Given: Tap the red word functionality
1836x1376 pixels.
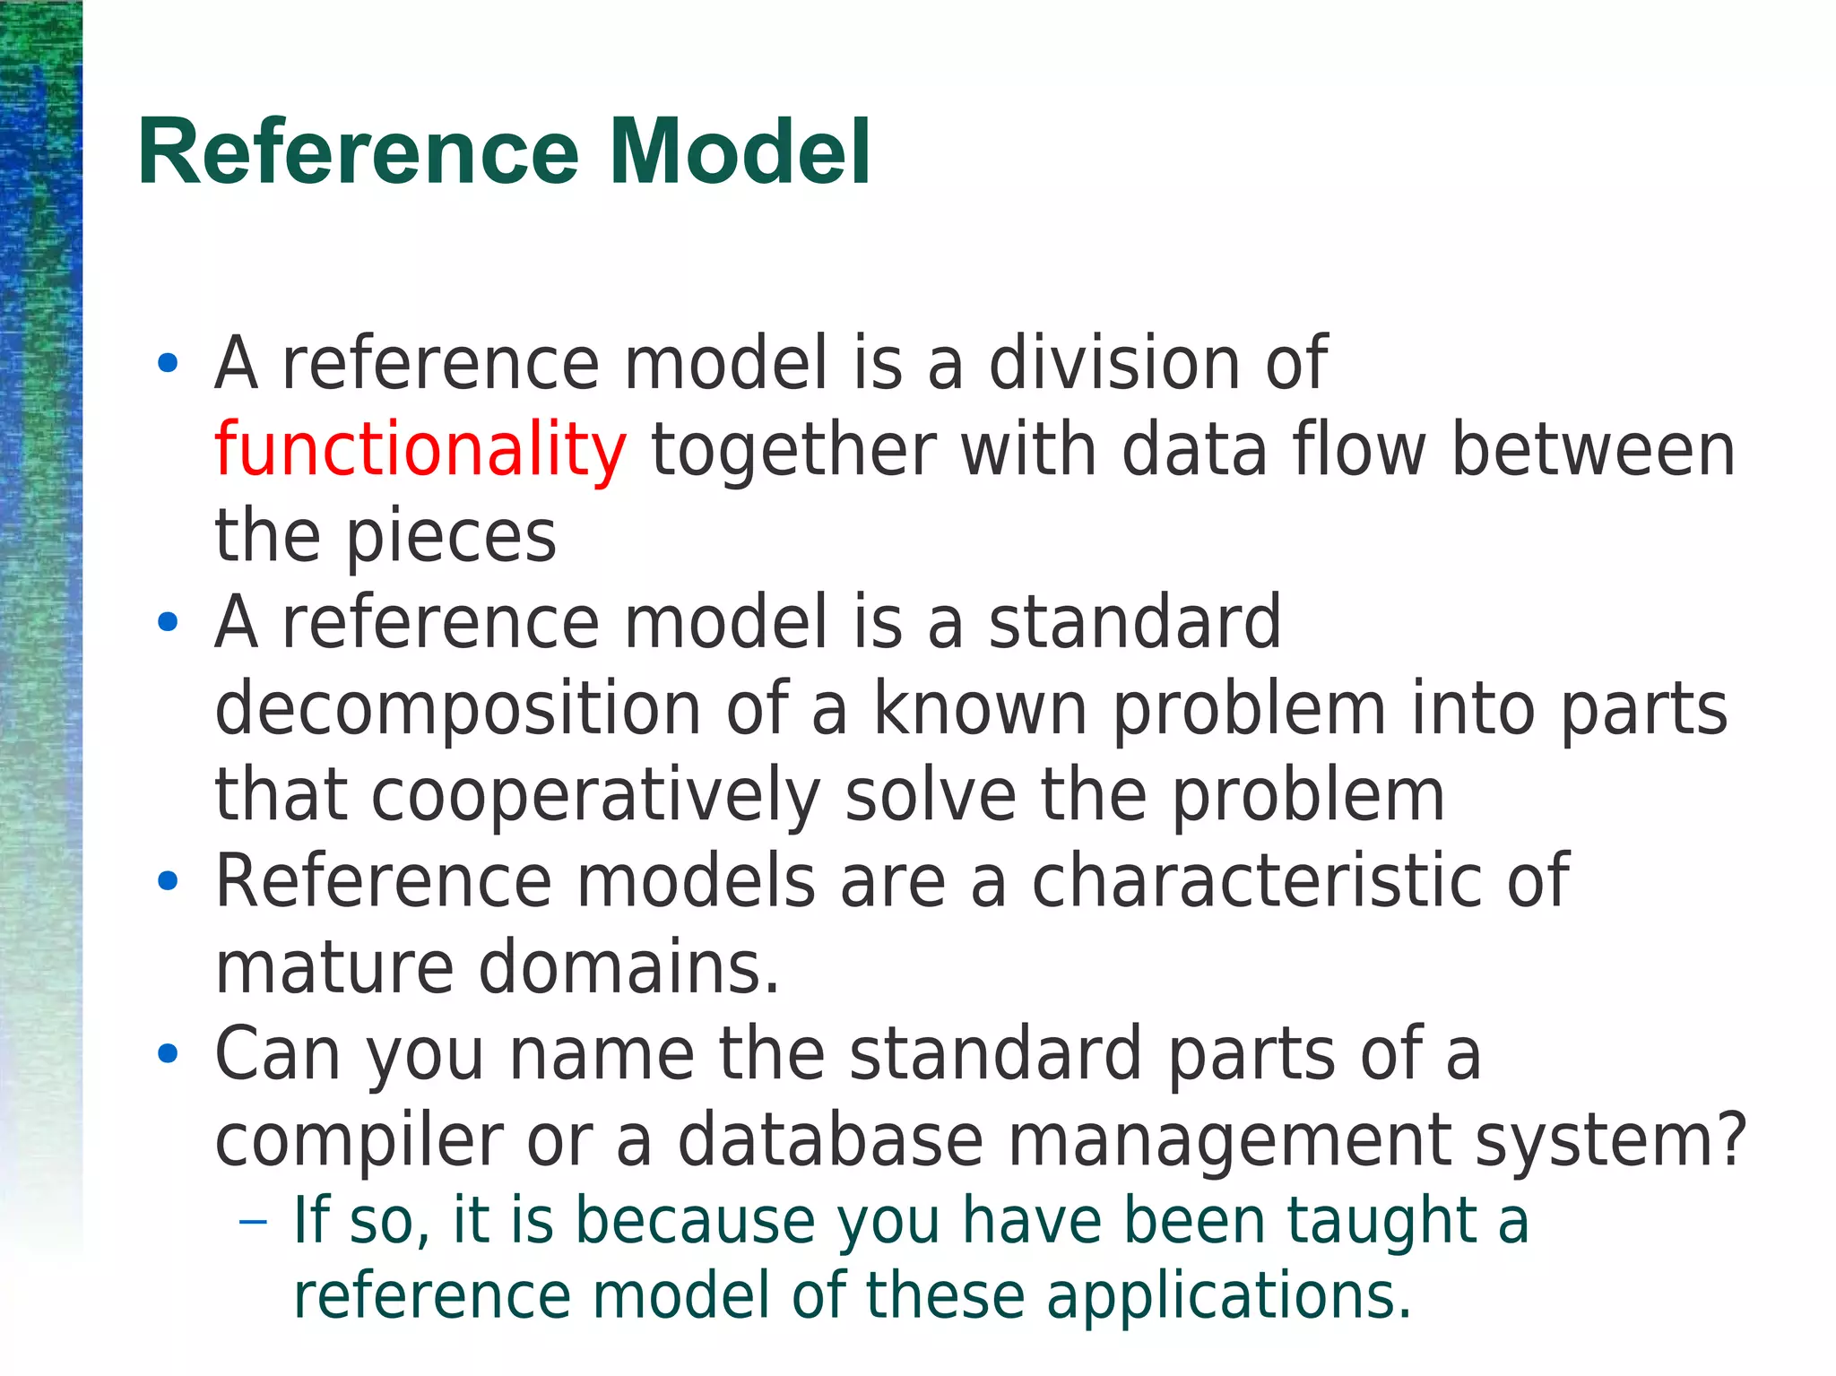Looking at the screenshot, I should [x=420, y=450].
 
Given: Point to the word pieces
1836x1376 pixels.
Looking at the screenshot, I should [x=451, y=538].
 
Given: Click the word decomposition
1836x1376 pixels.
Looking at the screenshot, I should [x=457, y=710].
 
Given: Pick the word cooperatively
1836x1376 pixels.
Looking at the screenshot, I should [x=595, y=796].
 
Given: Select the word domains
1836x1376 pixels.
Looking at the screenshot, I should [x=628, y=968].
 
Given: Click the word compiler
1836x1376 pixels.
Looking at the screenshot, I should [x=359, y=1140].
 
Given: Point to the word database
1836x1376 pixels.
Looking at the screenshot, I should [x=830, y=1140].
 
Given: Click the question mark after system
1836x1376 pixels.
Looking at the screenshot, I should [x=1733, y=1138].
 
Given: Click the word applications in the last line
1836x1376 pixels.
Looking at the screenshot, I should [x=1228, y=1297].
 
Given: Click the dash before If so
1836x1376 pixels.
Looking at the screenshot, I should [x=254, y=1222].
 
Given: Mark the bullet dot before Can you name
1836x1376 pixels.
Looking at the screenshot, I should [x=168, y=1054].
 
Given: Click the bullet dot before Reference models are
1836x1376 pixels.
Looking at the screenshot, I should [x=168, y=881].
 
